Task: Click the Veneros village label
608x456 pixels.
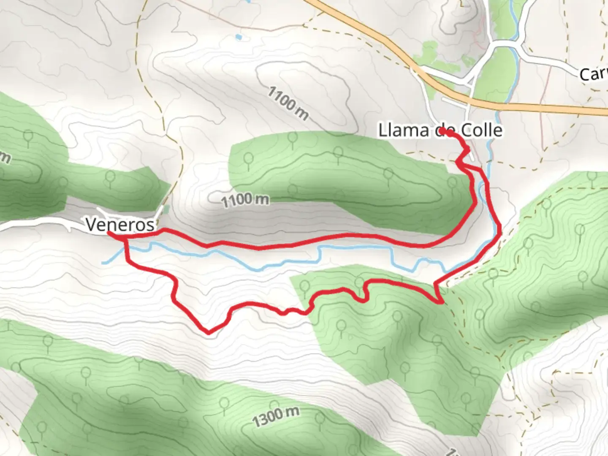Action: coord(120,224)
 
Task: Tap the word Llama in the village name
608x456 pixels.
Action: coord(403,130)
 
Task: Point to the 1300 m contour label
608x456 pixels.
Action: coord(276,417)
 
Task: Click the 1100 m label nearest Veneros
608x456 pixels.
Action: coord(245,200)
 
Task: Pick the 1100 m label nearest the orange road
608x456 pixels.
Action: coord(288,103)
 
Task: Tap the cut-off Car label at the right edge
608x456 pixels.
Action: coord(593,74)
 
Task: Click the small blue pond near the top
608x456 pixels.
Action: coord(239,37)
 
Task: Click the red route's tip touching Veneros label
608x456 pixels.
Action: coord(109,233)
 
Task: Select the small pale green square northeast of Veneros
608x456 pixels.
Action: coord(167,209)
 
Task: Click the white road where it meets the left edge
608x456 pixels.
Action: coord(3,228)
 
